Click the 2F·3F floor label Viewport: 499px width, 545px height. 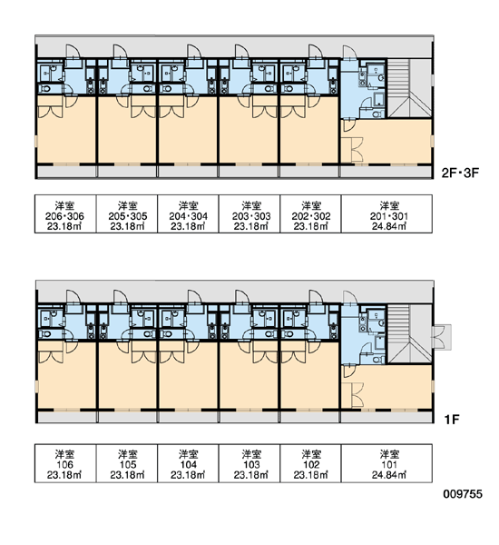point(460,173)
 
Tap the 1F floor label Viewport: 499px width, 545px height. point(452,420)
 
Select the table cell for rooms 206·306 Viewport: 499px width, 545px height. point(65,213)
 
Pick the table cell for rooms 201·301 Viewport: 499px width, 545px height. point(386,213)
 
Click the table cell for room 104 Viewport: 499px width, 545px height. point(188,463)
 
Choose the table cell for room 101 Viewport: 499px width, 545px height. point(386,463)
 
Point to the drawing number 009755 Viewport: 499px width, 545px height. point(463,494)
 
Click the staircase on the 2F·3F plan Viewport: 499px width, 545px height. point(409,88)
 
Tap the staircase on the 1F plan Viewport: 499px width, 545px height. point(409,334)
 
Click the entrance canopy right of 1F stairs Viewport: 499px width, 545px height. point(441,337)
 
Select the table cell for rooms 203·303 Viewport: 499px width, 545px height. point(249,213)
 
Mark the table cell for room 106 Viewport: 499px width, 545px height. point(65,463)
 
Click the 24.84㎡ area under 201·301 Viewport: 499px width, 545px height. point(389,226)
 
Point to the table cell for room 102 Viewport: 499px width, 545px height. point(311,463)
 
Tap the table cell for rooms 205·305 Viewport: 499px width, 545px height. point(127,213)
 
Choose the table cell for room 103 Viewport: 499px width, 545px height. point(249,463)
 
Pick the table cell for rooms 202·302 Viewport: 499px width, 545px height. point(311,213)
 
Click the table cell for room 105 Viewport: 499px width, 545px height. point(127,463)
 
